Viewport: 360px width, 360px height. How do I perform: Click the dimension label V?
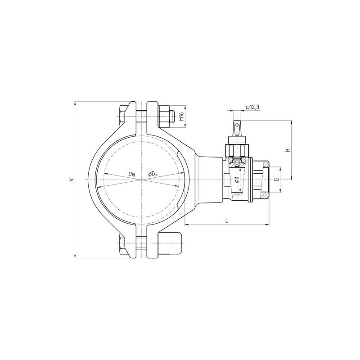pyautogui.click(x=72, y=179)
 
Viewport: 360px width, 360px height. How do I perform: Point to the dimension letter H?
pyautogui.click(x=288, y=150)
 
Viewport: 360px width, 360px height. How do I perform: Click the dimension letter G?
pyautogui.click(x=277, y=179)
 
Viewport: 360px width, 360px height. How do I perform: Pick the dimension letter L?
pyautogui.click(x=227, y=221)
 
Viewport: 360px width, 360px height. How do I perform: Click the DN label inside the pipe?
pyautogui.click(x=132, y=175)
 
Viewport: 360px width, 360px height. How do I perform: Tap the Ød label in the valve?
pyautogui.click(x=237, y=180)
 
